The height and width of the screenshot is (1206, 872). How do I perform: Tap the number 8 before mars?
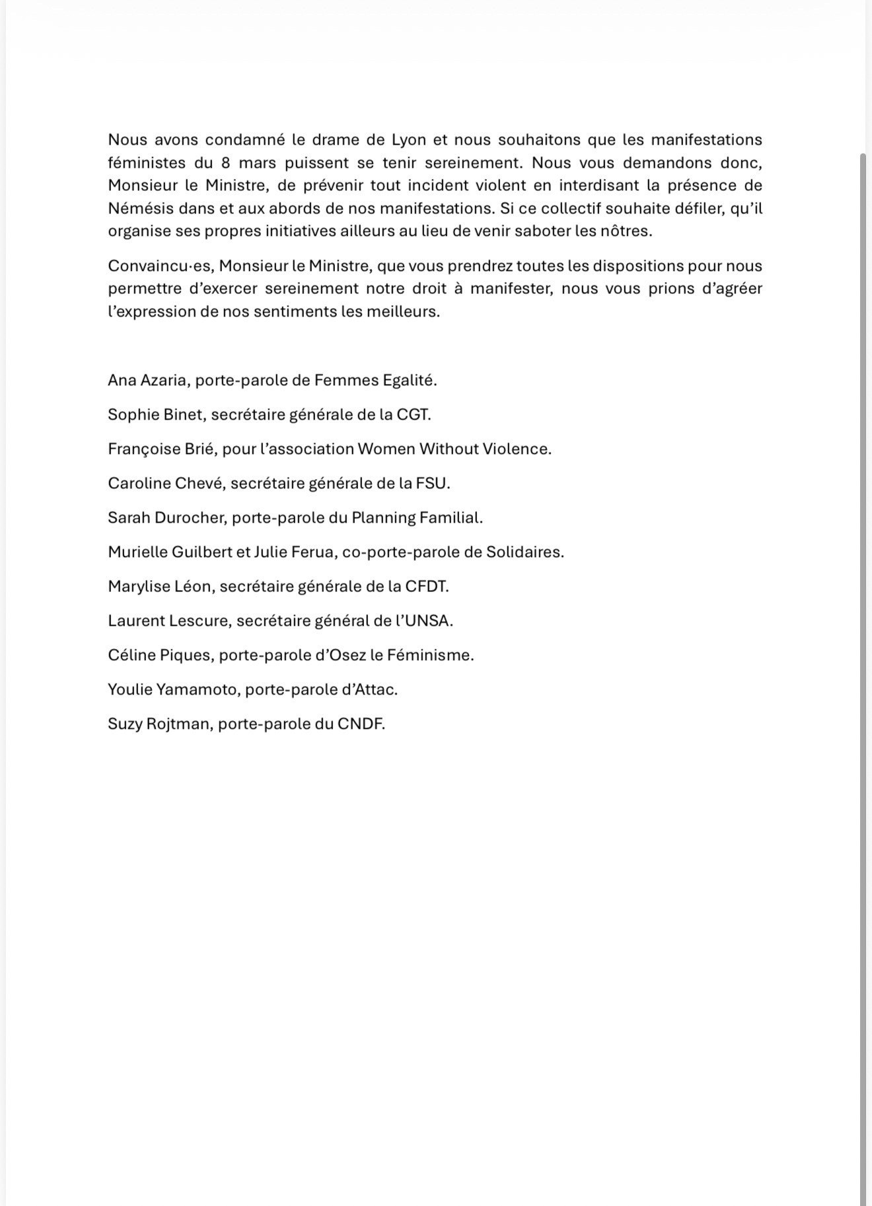(x=226, y=163)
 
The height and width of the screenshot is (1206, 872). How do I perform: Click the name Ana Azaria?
(x=147, y=381)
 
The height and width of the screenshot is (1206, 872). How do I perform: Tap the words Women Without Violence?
(x=453, y=449)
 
